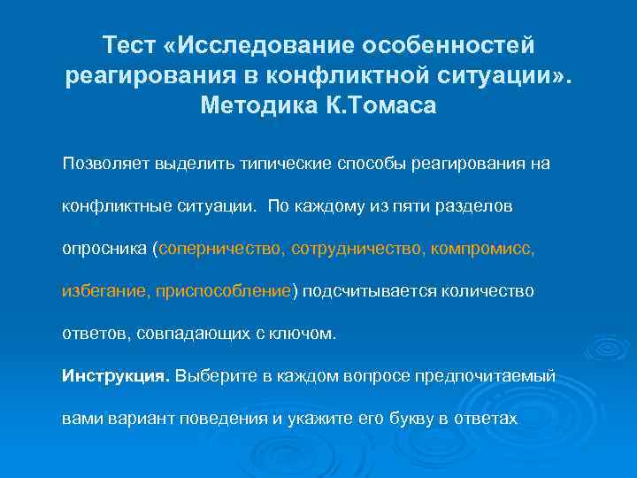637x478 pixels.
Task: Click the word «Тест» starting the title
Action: click(131, 43)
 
